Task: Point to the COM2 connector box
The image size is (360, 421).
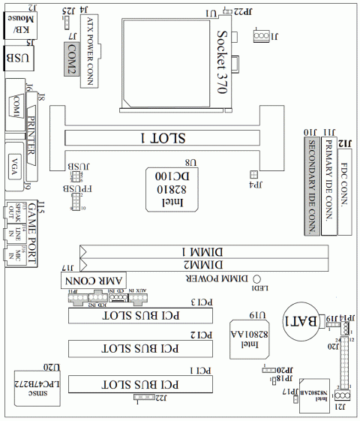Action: point(70,63)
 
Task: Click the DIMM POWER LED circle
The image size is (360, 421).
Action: point(256,278)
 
